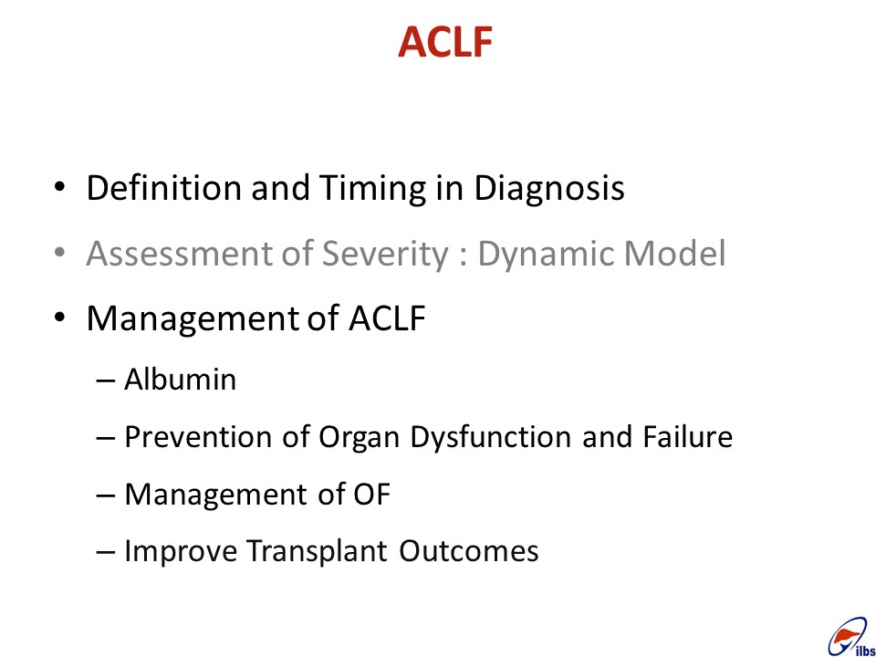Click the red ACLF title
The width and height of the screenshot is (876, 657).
click(445, 42)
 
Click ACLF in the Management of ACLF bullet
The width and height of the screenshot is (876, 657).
click(387, 318)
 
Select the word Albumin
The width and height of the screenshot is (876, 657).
click(180, 380)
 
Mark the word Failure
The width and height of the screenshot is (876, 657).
click(687, 436)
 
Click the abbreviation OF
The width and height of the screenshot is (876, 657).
click(371, 495)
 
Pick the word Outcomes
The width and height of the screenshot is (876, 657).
click(469, 551)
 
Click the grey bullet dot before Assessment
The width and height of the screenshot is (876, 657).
click(60, 253)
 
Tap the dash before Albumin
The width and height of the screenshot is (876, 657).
click(105, 381)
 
